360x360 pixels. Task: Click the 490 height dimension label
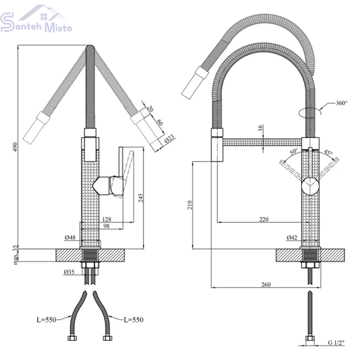(15, 147)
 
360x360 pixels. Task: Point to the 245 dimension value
(140, 198)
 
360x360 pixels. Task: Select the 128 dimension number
(107, 219)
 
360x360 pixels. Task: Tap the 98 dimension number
(106, 226)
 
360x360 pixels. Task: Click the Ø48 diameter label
(70, 238)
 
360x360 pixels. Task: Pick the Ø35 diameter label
(69, 272)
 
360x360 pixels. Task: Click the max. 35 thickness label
(16, 254)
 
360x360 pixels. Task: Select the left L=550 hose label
(46, 320)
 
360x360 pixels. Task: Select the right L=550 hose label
(133, 320)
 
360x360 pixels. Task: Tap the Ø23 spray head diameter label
(169, 139)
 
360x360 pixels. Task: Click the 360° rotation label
(341, 103)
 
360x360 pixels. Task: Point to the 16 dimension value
(260, 128)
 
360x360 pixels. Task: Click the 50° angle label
(293, 152)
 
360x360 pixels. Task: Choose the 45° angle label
(328, 152)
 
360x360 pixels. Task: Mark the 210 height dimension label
(190, 205)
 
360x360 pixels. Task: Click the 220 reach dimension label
(264, 219)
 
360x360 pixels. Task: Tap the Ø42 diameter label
(292, 238)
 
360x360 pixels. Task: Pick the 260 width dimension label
(266, 284)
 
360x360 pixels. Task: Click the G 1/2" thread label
(336, 343)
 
